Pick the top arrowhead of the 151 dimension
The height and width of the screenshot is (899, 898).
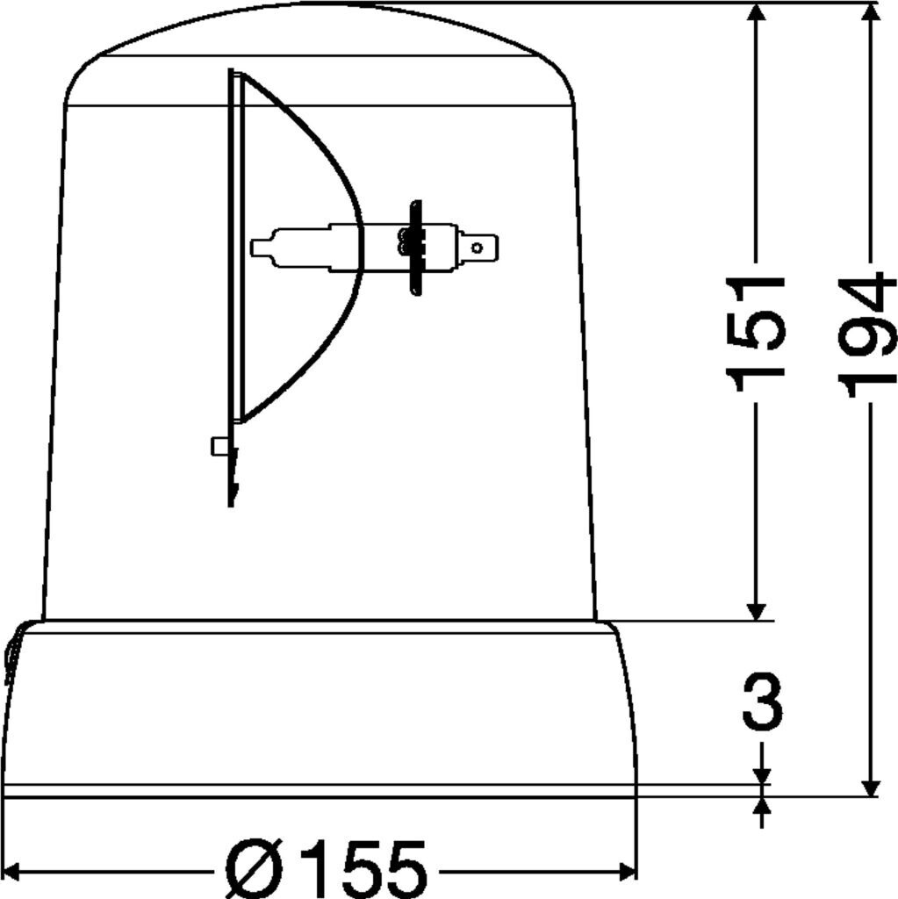[x=757, y=11]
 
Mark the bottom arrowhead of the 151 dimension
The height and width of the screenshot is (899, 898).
[x=757, y=612]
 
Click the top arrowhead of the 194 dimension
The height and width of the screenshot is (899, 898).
[x=871, y=11]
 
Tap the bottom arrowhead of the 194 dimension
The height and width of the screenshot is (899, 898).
[x=871, y=788]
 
